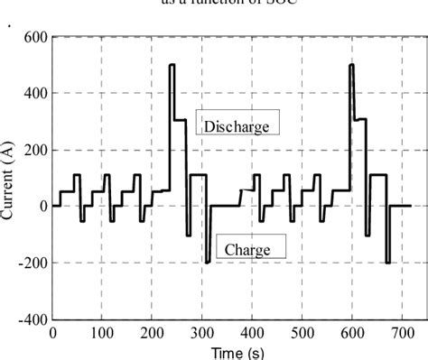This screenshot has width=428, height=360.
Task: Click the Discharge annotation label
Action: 236,126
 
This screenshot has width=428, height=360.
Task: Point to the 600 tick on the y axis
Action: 37,38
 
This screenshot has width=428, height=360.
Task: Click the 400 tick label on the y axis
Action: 37,94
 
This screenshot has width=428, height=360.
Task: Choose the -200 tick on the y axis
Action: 33,263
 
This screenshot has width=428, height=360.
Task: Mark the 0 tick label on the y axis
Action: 43,207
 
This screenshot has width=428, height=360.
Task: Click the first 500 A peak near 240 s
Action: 172,65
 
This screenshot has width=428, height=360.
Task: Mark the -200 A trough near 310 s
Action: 207,262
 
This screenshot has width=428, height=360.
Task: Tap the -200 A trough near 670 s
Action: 386,262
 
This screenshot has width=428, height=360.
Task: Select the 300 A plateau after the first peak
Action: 180,120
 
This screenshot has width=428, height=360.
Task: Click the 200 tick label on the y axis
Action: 37,150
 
